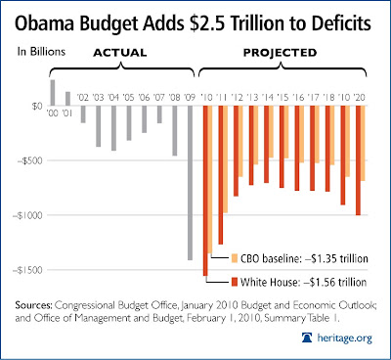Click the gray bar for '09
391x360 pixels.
point(190,183)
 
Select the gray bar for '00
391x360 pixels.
point(53,93)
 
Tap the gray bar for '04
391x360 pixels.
point(113,128)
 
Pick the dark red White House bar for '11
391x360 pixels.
point(221,175)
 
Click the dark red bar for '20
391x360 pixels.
point(358,160)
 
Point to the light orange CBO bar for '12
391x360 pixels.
point(240,141)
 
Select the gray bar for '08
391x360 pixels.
point(175,130)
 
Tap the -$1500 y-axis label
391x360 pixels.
point(28,270)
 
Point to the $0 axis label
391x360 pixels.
point(37,106)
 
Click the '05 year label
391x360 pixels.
point(128,97)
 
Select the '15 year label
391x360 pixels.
point(282,97)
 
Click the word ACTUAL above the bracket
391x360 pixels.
point(120,53)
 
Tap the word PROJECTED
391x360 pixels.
point(280,53)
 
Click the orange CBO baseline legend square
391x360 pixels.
point(235,258)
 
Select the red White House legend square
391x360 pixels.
point(235,282)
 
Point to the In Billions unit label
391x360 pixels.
point(41,52)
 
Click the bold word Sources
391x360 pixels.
point(33,305)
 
